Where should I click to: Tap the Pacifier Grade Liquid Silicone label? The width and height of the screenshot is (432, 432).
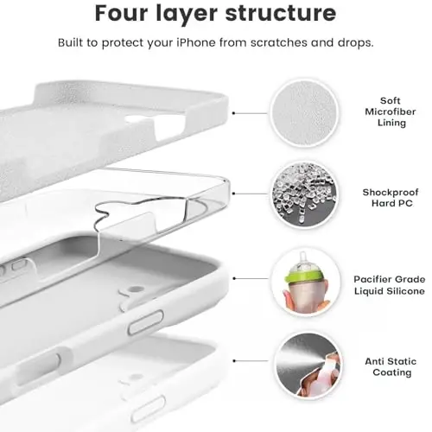(x=388, y=285)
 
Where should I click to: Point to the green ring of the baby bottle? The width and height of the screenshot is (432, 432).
(x=304, y=276)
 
